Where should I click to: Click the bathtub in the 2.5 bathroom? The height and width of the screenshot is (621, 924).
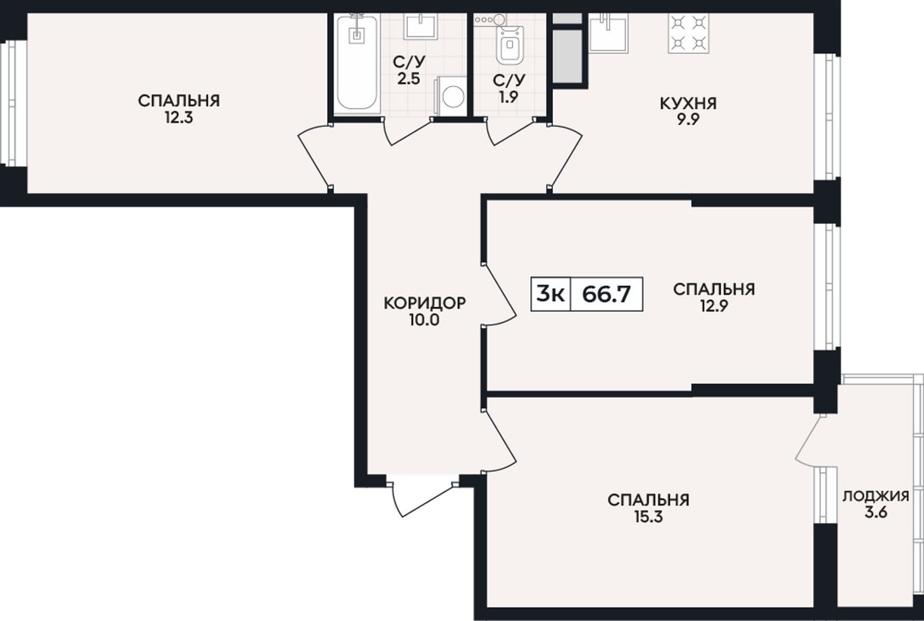point(357,63)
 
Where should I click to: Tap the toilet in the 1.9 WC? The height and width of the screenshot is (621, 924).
point(510,45)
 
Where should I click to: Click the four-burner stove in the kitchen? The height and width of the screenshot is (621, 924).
point(689,33)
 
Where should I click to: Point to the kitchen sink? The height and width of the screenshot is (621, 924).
point(609,33)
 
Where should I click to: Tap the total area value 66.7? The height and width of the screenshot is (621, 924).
point(606,294)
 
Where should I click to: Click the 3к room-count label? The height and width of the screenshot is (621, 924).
point(550,294)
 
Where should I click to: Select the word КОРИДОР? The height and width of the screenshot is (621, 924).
point(424,303)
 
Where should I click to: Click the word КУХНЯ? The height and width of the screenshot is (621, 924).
point(689,103)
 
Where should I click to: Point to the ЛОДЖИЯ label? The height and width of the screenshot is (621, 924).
point(876,496)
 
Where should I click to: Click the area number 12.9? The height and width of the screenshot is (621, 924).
point(714,306)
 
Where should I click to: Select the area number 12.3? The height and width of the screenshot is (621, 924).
point(178,118)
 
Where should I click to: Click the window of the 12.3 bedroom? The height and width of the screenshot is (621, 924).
point(14,103)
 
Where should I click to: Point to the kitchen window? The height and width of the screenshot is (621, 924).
point(827,117)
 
